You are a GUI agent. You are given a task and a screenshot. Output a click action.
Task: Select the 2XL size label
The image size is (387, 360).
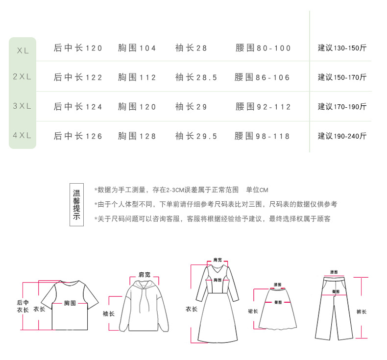(22, 77)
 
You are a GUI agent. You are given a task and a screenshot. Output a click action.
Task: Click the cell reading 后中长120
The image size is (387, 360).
(78, 48)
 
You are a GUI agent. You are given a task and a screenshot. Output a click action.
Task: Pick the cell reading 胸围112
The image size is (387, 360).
(137, 77)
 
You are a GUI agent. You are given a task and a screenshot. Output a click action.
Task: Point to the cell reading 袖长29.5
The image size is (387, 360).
(196, 136)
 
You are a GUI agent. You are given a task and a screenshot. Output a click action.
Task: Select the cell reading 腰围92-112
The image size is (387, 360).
(263, 107)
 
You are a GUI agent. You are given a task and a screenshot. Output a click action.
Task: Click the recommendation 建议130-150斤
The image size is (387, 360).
(342, 48)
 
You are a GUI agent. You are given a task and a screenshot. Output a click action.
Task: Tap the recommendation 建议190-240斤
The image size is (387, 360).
(342, 136)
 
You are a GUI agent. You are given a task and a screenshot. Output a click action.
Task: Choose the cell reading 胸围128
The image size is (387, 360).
(137, 136)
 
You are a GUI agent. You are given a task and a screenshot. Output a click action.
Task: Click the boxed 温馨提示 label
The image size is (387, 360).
(76, 205)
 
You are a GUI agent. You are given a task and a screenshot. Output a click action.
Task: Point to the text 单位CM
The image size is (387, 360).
(257, 190)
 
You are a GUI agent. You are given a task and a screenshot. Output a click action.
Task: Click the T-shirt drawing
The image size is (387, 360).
(69, 306)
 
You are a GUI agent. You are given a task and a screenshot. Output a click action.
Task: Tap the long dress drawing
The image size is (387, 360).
(217, 304)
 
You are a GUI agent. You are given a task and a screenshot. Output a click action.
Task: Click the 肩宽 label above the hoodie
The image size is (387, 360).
(144, 274)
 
